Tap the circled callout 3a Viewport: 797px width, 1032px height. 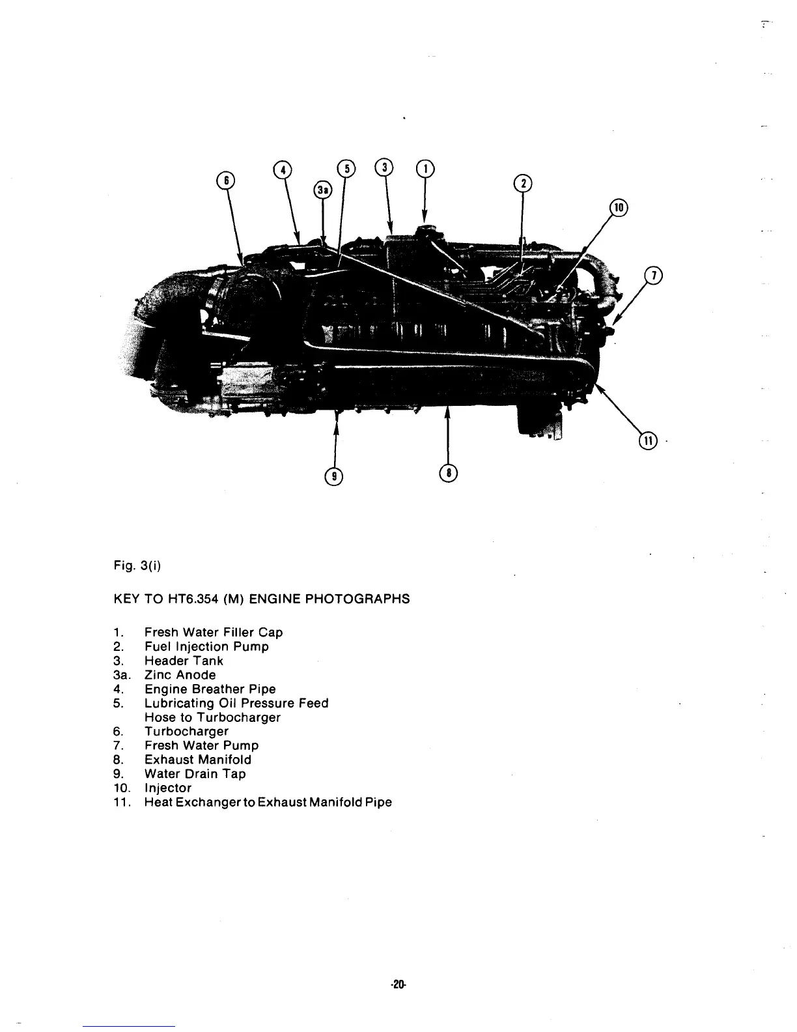[x=322, y=190]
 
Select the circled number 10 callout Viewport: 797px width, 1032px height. [x=619, y=208]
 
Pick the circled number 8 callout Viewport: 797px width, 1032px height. [x=449, y=474]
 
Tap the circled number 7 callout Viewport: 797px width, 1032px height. [x=652, y=276]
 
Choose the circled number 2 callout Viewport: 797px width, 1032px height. [x=522, y=183]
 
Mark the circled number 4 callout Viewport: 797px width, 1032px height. [x=283, y=169]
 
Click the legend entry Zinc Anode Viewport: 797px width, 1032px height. [x=180, y=675]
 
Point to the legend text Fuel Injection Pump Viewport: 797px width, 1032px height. [x=206, y=646]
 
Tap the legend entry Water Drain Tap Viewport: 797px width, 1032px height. [x=195, y=774]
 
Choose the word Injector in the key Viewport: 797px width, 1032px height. [x=168, y=788]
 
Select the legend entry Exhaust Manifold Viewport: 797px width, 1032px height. [x=197, y=760]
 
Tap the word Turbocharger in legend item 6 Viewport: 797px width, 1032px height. [x=186, y=732]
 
